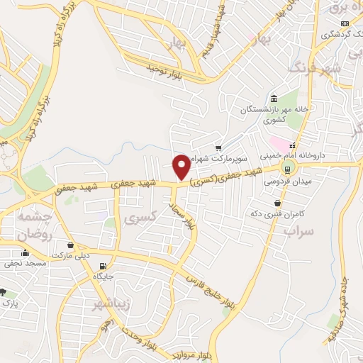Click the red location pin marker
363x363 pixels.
coord(181,166)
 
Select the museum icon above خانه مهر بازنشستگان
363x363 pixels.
coord(274,99)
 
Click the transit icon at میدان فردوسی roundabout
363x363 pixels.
coord(288,169)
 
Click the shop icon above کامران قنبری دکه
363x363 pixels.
coord(277,203)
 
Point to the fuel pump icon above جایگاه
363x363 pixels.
coord(89,266)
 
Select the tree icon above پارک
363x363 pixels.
coord(4,292)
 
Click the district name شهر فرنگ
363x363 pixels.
coord(315,67)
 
